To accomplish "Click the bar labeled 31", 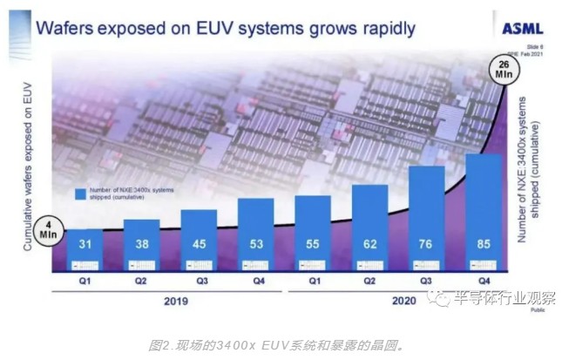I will [85, 249].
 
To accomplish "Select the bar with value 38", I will [142, 244].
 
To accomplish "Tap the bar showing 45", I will [199, 240].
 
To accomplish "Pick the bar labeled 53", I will [255, 234].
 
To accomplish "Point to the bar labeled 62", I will [369, 228].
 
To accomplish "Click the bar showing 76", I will [427, 218].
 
